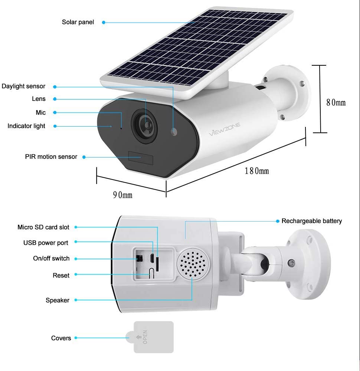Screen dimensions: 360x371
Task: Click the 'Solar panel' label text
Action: coord(78,22)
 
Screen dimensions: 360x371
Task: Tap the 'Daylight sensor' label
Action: coord(23,86)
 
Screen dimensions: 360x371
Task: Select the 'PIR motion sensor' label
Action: coord(51,157)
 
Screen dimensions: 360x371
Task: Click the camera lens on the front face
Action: coord(145,126)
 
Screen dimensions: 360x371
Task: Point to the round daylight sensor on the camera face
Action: coord(174,132)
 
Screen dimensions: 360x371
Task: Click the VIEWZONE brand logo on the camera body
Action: coord(225,129)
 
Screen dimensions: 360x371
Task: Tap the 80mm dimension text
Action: coord(336,102)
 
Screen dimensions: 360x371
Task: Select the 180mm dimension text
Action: coord(256,171)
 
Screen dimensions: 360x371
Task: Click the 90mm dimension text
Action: coord(122,195)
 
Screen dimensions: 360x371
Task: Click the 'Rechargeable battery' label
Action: coord(312,221)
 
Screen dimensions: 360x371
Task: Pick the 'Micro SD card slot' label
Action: coord(43,227)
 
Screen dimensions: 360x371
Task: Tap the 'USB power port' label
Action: coord(46,243)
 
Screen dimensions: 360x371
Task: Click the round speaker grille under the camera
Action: coord(193,264)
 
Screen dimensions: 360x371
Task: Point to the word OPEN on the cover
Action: coord(145,337)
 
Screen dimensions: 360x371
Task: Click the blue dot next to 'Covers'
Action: coord(76,338)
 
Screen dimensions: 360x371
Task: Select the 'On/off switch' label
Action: coord(51,258)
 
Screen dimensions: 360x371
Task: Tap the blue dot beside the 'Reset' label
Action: coord(76,275)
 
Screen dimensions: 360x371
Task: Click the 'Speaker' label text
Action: coord(58,300)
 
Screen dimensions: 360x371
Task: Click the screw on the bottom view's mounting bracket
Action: coord(292,263)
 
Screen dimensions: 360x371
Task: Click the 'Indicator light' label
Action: coord(26,126)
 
